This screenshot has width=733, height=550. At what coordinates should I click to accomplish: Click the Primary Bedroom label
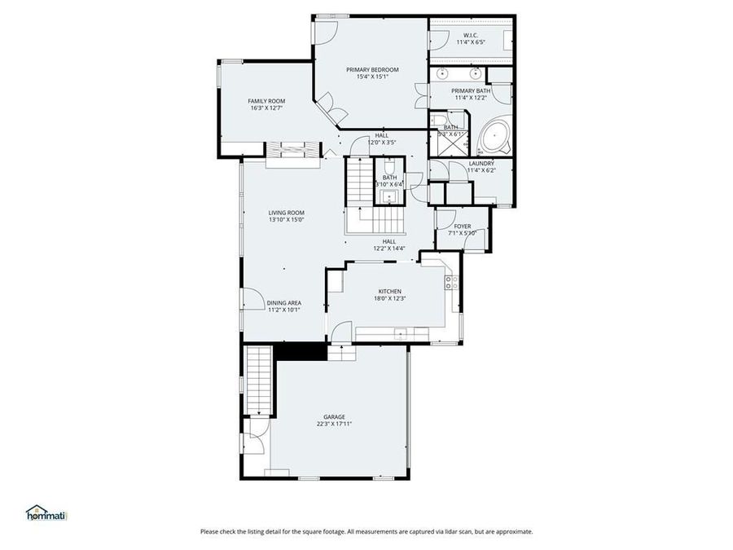372,70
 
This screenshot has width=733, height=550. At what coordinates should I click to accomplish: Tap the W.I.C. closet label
470,36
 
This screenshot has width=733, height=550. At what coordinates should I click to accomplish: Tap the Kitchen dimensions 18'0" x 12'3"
389,299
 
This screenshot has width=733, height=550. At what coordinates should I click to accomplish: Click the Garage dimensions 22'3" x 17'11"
334,424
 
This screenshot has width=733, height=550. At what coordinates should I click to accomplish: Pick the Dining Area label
283,302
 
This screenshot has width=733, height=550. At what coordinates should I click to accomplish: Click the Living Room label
286,213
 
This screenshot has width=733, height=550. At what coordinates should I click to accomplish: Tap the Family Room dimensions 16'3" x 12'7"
266,108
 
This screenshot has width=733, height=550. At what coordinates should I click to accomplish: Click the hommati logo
46,513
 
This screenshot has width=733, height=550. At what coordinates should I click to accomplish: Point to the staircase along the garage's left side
259,378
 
